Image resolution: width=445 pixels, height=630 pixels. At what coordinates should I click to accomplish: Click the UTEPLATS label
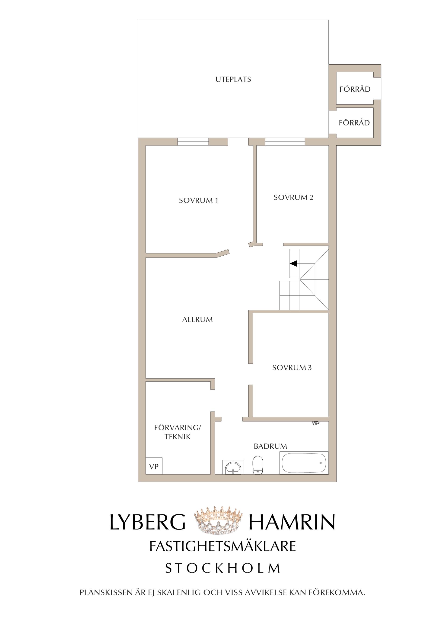tap(233, 80)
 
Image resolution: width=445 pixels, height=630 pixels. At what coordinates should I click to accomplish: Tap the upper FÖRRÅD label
tap(355, 89)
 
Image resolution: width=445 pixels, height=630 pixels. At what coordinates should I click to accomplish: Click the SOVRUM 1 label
tap(198, 201)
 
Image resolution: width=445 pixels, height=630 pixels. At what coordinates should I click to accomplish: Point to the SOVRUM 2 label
tap(293, 198)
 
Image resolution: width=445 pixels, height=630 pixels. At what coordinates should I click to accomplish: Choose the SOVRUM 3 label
tap(292, 368)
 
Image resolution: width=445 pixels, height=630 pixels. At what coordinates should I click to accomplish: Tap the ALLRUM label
tap(197, 320)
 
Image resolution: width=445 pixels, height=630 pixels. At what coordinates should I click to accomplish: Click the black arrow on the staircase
tap(293, 264)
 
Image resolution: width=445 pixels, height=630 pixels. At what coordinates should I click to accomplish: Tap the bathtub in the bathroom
tap(304, 463)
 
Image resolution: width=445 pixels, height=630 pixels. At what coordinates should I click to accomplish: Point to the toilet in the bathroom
tap(258, 465)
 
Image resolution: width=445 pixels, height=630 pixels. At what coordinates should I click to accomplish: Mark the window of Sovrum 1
tap(193, 141)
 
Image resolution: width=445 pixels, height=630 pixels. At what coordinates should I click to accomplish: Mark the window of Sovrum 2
tap(285, 141)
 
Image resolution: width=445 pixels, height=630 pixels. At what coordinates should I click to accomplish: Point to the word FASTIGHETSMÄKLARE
tap(223, 546)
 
